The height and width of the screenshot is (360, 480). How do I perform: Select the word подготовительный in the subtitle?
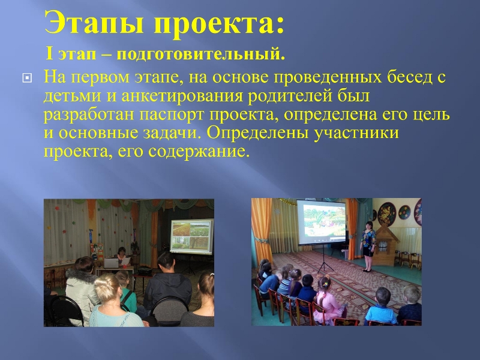click(x=201, y=55)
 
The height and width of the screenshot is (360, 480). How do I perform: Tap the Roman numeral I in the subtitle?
click(x=49, y=53)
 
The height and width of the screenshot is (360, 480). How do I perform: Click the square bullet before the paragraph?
click(x=27, y=78)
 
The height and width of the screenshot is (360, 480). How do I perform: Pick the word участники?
click(x=356, y=133)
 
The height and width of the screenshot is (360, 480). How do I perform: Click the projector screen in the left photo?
click(x=192, y=236)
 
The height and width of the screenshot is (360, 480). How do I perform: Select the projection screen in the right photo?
click(x=321, y=221)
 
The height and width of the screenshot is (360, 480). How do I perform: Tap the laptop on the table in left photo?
click(x=111, y=263)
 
